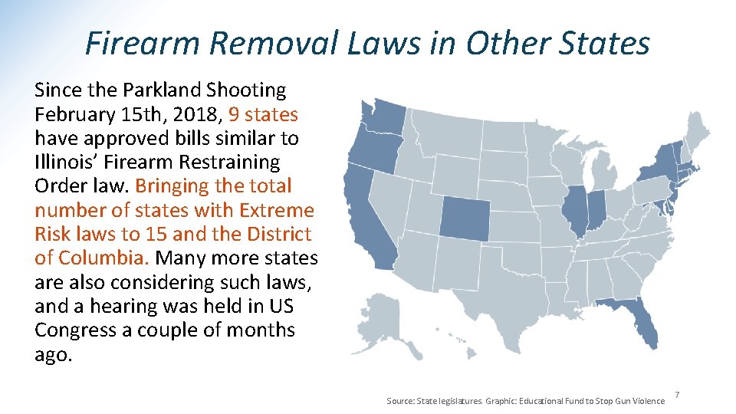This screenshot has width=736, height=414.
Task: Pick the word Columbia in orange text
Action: pyautogui.click(x=100, y=258)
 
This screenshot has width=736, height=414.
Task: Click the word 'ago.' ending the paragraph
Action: pyautogui.click(x=53, y=355)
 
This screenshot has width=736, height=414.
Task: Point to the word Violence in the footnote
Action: pyautogui.click(x=649, y=401)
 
